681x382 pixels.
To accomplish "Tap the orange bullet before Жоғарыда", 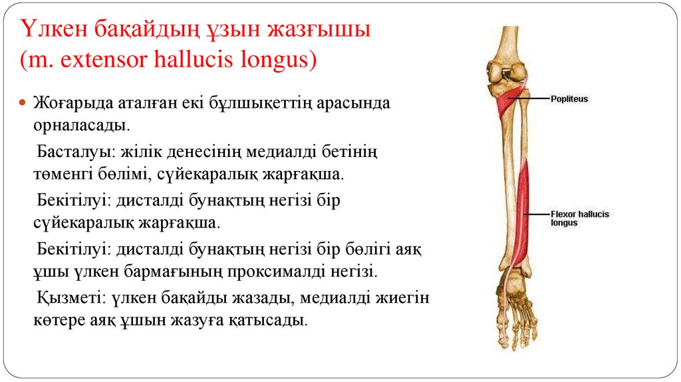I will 21,104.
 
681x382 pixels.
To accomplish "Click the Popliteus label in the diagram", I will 569,98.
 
